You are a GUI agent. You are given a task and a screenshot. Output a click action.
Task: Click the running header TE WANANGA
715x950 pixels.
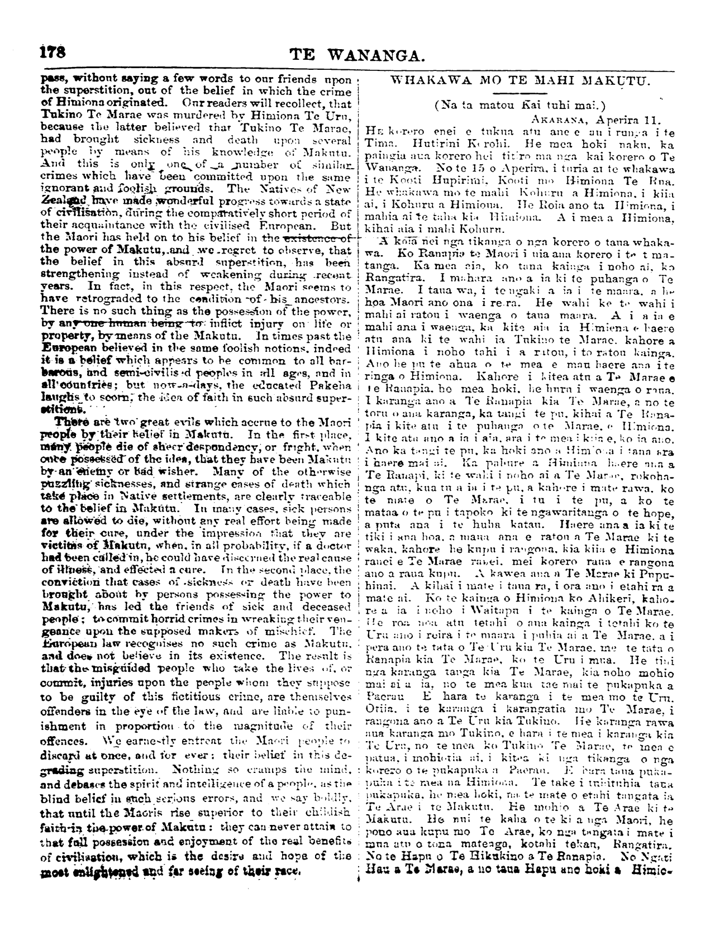[x=357, y=55]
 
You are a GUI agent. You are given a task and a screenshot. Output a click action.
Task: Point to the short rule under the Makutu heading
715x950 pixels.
[x=517, y=92]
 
